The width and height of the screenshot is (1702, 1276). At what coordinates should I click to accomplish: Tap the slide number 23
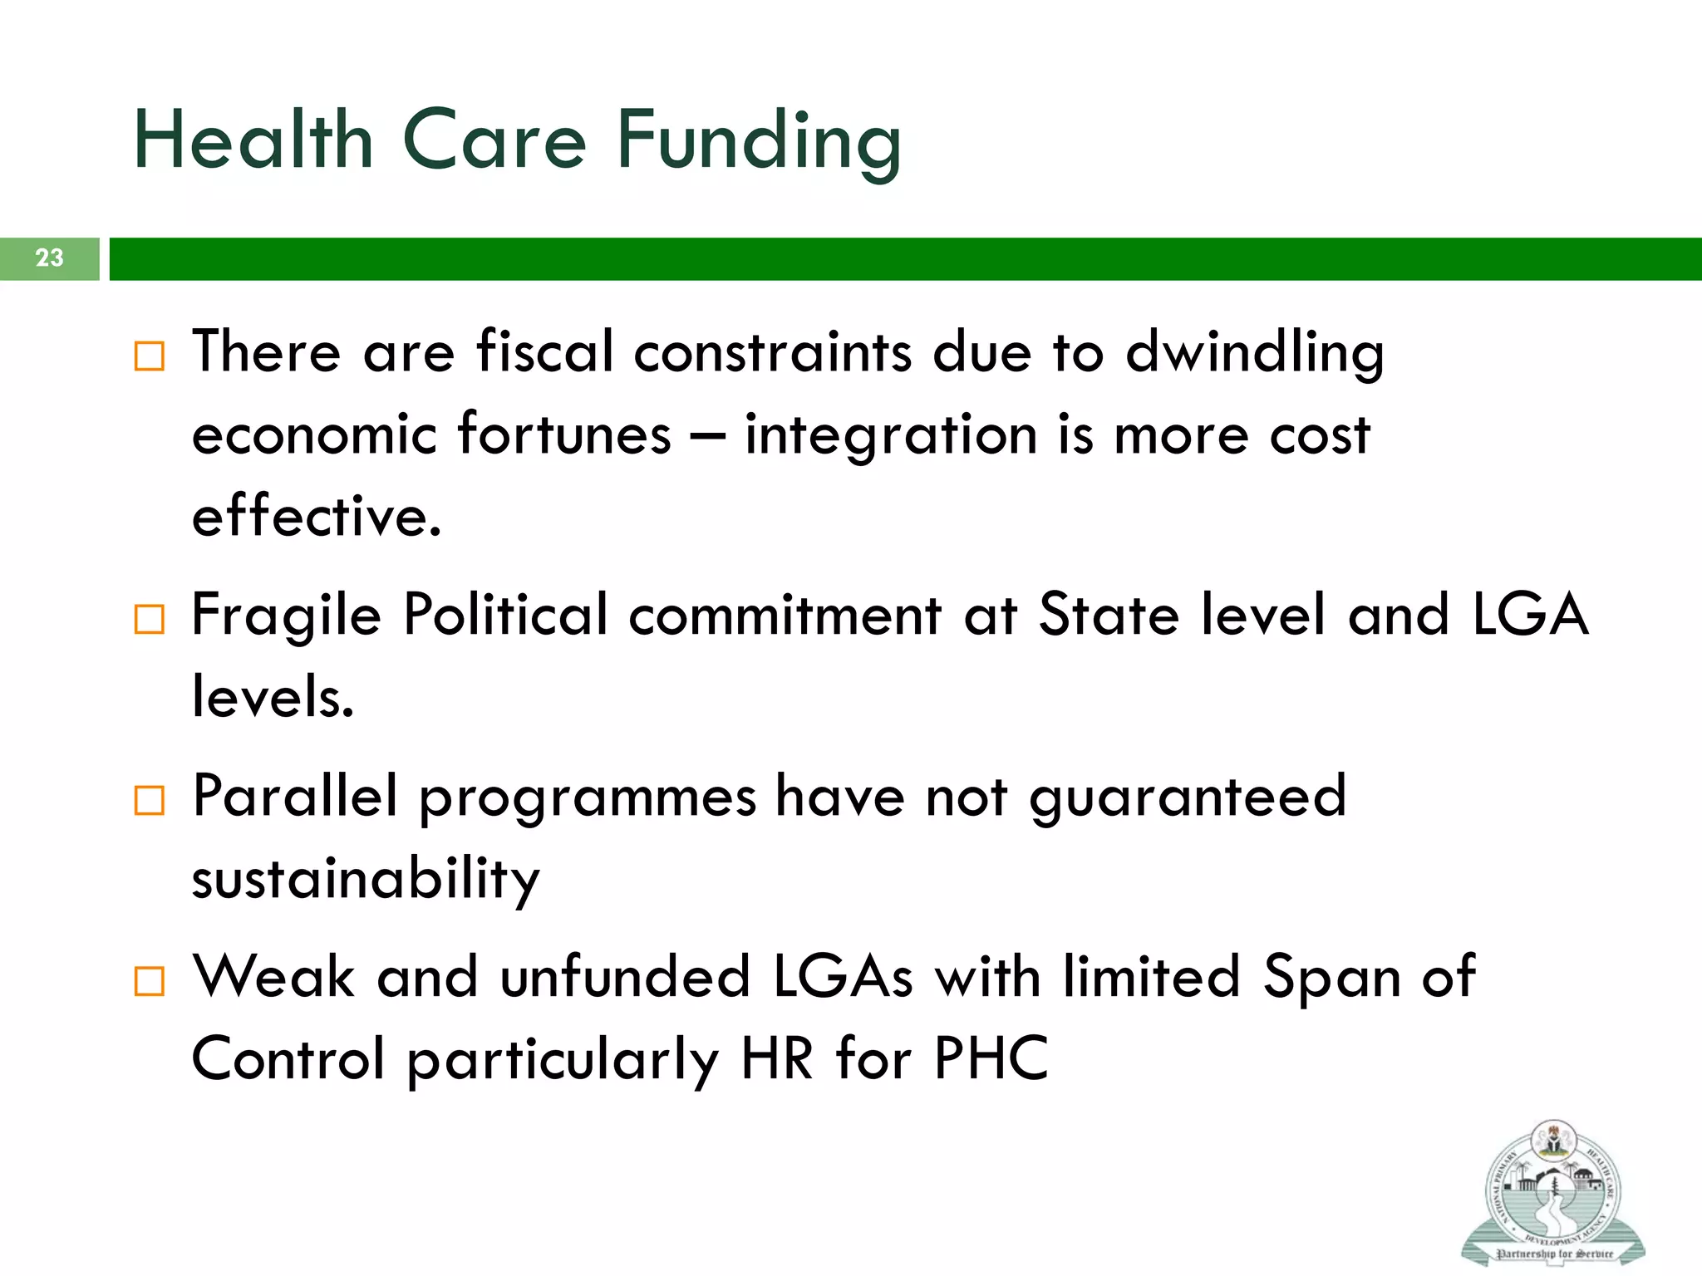(x=49, y=258)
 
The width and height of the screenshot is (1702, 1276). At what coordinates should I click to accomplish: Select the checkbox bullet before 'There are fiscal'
(x=150, y=356)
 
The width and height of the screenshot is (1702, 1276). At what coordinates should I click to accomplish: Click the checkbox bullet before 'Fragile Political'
(x=150, y=620)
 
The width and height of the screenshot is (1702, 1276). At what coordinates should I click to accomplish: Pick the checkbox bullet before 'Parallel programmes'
(x=150, y=801)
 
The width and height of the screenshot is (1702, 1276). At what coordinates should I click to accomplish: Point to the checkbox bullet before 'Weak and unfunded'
(x=150, y=981)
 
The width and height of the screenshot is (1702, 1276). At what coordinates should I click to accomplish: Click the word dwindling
(x=1255, y=353)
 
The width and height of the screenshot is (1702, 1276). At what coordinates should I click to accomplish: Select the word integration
(x=890, y=436)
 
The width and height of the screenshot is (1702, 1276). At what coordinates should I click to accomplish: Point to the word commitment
(x=785, y=616)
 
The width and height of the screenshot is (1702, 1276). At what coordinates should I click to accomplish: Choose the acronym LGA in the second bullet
(x=1530, y=616)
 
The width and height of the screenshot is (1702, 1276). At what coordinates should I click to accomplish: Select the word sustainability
(x=366, y=880)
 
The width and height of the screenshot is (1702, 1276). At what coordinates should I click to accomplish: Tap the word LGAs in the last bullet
(x=843, y=977)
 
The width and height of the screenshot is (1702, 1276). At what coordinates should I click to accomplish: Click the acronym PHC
(x=991, y=1059)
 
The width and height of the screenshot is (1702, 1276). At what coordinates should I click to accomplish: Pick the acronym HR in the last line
(x=777, y=1059)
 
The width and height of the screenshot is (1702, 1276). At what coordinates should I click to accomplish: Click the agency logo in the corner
(x=1552, y=1193)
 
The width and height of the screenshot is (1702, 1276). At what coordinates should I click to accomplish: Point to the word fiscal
(x=544, y=351)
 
